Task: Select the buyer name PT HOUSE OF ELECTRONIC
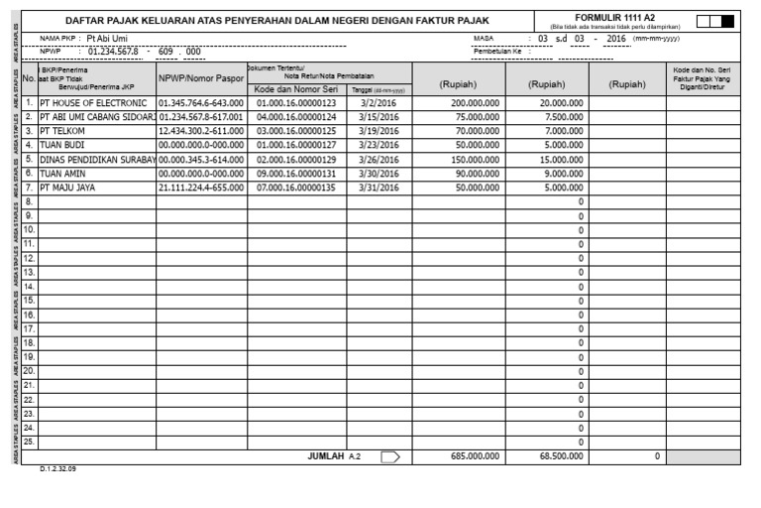93,102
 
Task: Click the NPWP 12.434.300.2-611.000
201,130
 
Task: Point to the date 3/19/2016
380,130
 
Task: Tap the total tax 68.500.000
563,456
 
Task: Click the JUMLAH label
326,456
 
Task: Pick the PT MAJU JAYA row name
76,186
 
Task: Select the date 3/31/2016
380,186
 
